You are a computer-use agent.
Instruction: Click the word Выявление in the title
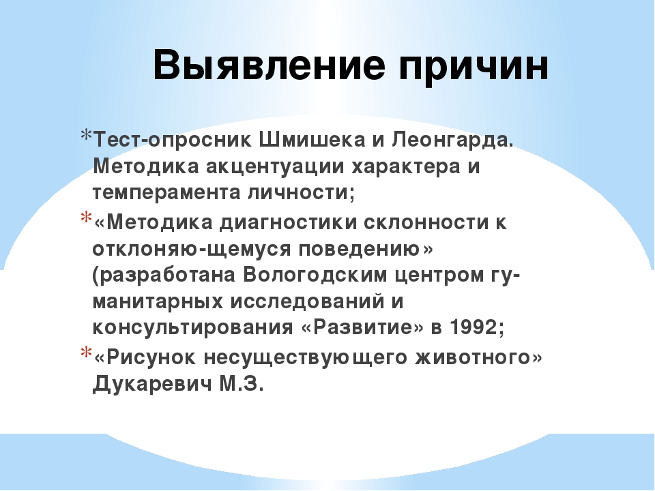269,65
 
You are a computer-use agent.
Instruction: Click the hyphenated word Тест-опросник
173,140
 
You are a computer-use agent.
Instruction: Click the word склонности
426,222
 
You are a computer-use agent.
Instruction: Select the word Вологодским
315,276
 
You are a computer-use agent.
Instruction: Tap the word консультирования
193,327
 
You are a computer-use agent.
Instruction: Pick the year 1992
473,327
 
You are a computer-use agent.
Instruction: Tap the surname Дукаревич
152,384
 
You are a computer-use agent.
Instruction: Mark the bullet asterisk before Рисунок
86,352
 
